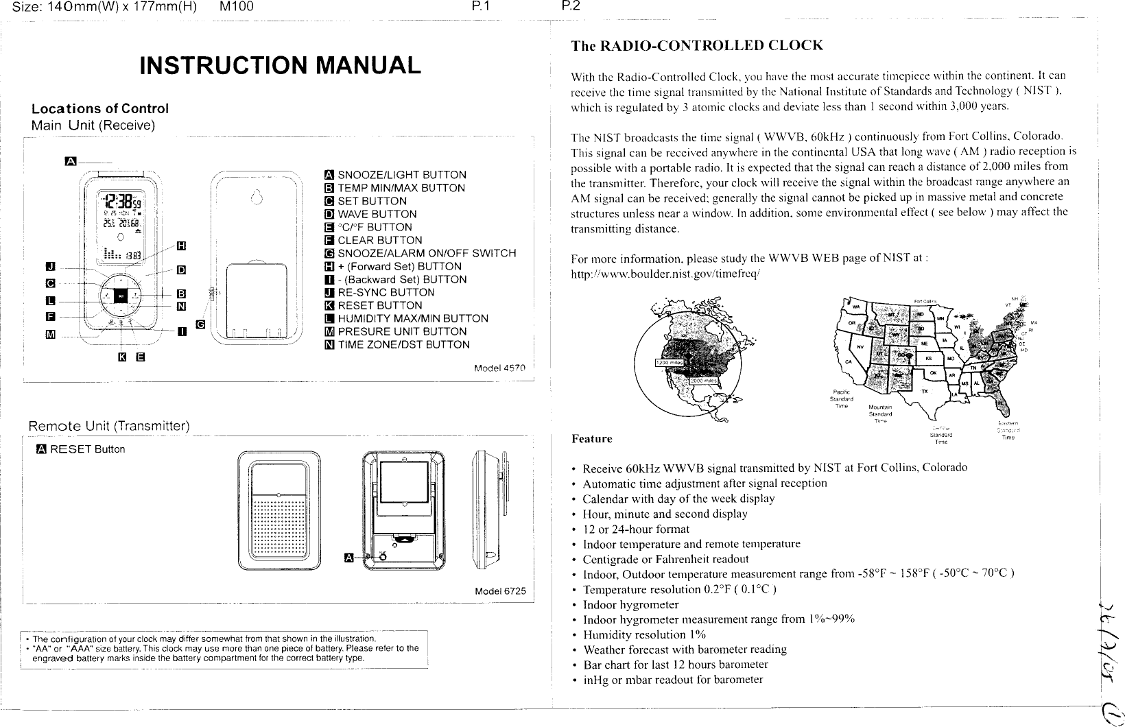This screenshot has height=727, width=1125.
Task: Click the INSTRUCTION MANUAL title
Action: (x=280, y=66)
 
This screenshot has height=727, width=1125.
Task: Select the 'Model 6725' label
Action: (x=500, y=591)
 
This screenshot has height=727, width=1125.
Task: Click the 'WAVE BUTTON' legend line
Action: (x=377, y=214)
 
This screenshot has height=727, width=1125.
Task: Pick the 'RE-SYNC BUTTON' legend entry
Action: (x=386, y=292)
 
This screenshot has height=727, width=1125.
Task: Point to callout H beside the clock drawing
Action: (x=182, y=246)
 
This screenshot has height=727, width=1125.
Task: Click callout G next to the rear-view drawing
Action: (x=200, y=324)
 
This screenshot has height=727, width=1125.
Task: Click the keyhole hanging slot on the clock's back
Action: (x=256, y=198)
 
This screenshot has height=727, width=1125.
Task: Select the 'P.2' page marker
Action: (x=569, y=8)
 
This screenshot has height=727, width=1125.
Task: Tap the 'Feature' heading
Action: (x=591, y=438)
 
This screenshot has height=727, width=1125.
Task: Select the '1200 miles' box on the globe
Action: (x=669, y=363)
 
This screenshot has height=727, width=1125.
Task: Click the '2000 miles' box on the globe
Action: (x=704, y=381)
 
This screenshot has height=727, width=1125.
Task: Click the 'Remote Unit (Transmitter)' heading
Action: (x=108, y=427)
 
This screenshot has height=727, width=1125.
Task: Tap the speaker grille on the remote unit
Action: (x=279, y=527)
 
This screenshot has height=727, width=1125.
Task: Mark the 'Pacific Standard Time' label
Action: (x=841, y=398)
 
